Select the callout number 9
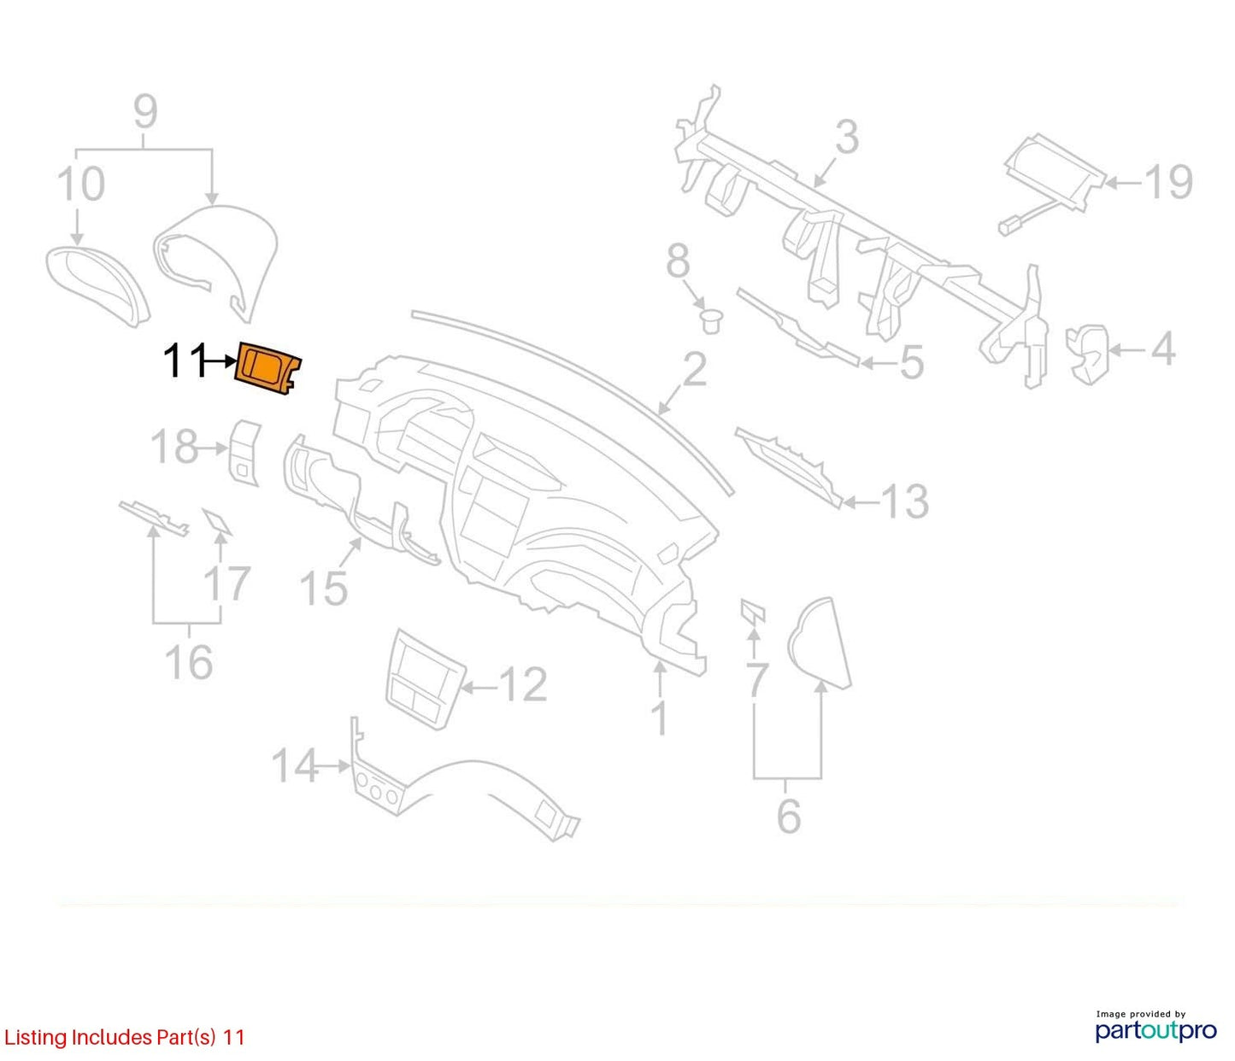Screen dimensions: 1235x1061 tap(145, 111)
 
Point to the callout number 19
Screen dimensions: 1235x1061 tap(1168, 181)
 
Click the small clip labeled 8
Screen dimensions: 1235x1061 tap(711, 321)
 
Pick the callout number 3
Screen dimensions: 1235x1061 tap(847, 137)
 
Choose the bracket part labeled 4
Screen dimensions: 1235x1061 tap(1087, 354)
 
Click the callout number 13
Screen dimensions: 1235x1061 tap(904, 501)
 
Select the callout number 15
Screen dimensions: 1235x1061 tap(323, 588)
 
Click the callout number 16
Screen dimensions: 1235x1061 tap(189, 662)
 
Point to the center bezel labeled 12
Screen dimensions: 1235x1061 tap(425, 678)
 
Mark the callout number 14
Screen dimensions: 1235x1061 tap(295, 766)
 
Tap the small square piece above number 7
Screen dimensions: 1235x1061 tap(752, 610)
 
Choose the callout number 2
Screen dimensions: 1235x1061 tap(694, 369)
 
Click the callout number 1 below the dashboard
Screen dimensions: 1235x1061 tap(660, 719)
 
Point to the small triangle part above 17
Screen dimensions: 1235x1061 tap(216, 520)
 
